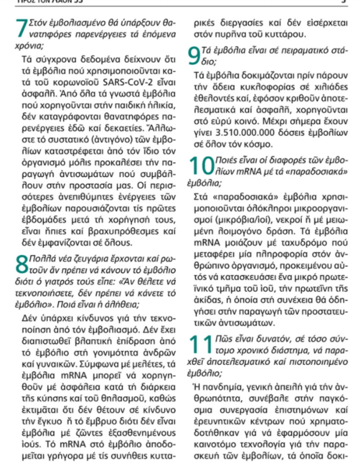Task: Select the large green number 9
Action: (x=193, y=56)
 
